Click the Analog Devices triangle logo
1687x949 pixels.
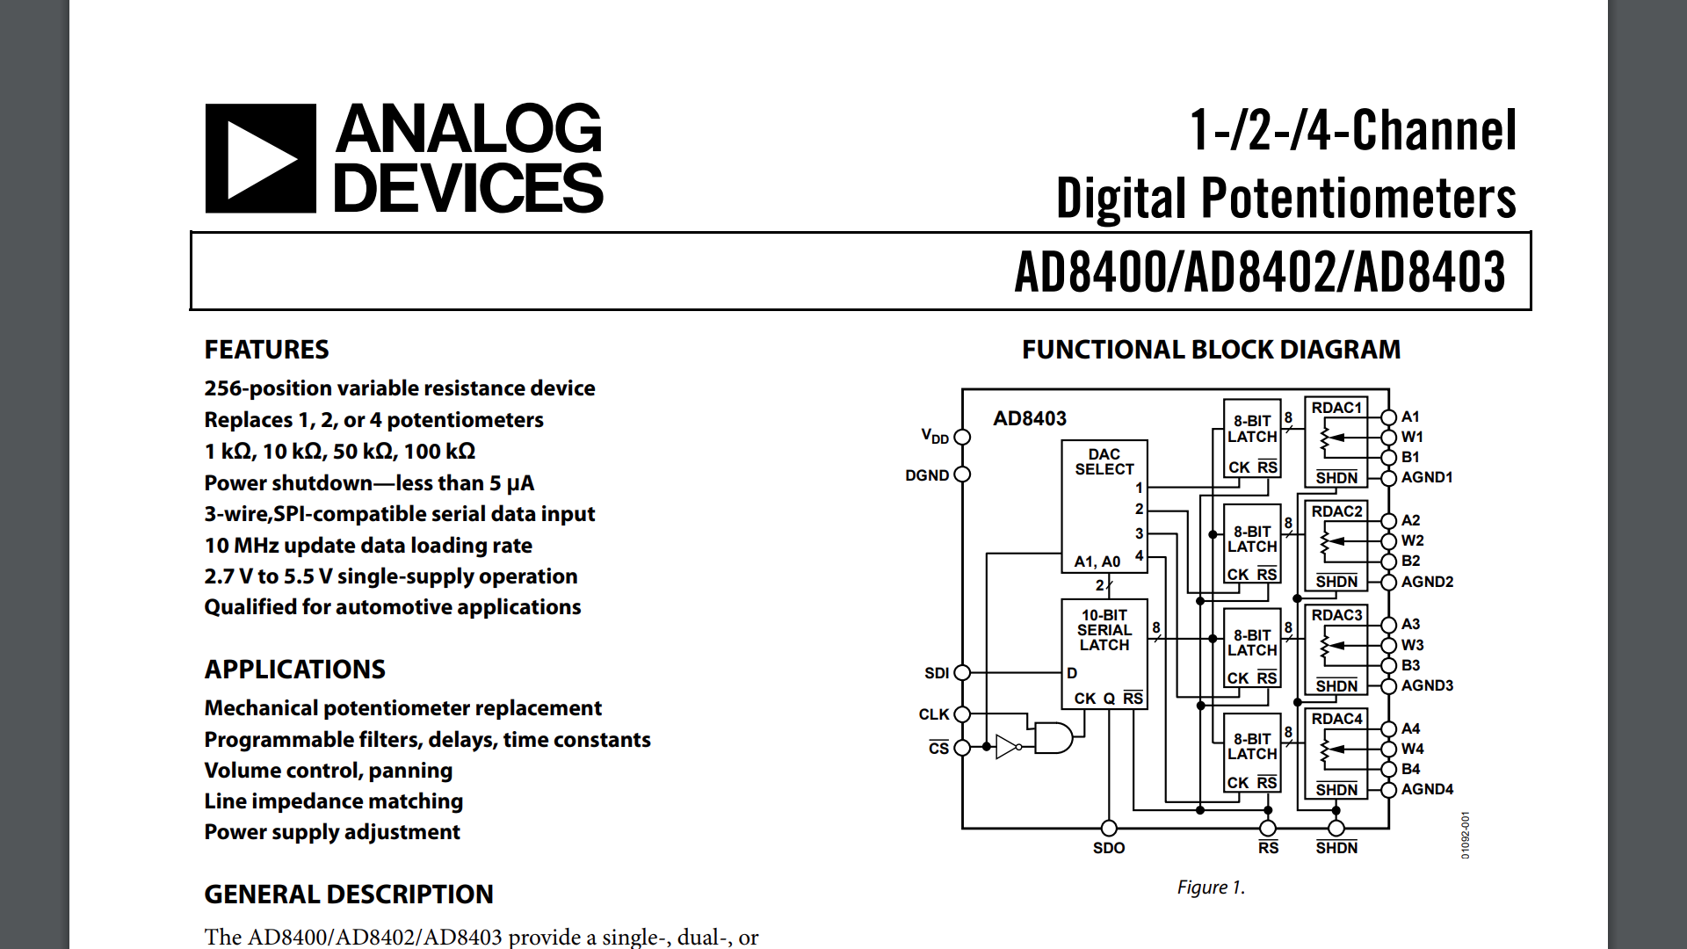[261, 159]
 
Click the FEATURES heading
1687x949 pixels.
[266, 350]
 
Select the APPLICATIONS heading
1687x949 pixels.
[294, 670]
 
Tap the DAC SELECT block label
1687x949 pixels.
[1104, 461]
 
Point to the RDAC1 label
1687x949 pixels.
[1336, 408]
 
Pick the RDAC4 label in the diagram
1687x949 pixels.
[1336, 719]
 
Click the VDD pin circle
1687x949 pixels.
[962, 437]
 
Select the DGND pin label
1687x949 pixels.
[927, 475]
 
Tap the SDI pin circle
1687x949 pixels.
[962, 672]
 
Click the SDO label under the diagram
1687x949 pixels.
[1109, 848]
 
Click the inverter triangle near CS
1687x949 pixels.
[1007, 747]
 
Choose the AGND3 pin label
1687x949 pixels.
[1427, 685]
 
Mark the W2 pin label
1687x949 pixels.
[1412, 540]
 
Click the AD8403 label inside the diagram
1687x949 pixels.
[1030, 419]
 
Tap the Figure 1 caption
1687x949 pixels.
[1211, 887]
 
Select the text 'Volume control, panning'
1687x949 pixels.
[328, 771]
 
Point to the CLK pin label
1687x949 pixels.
[933, 714]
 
